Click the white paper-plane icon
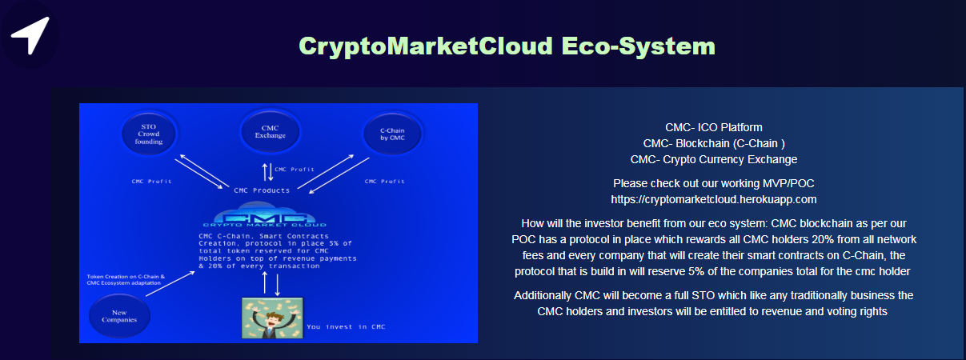(30, 35)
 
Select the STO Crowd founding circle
(149, 134)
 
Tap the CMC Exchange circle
(270, 131)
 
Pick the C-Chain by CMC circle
(392, 134)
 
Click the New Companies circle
(119, 316)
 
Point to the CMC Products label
(262, 190)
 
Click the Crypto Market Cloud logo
(265, 214)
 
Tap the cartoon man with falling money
(272, 318)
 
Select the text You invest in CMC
(346, 327)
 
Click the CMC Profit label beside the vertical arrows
(295, 170)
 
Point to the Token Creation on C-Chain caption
(126, 280)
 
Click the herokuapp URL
(714, 200)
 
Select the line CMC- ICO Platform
(714, 128)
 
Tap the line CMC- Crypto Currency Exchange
(714, 159)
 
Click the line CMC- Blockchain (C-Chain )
(714, 143)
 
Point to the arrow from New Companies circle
(170, 284)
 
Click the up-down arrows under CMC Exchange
(268, 172)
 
